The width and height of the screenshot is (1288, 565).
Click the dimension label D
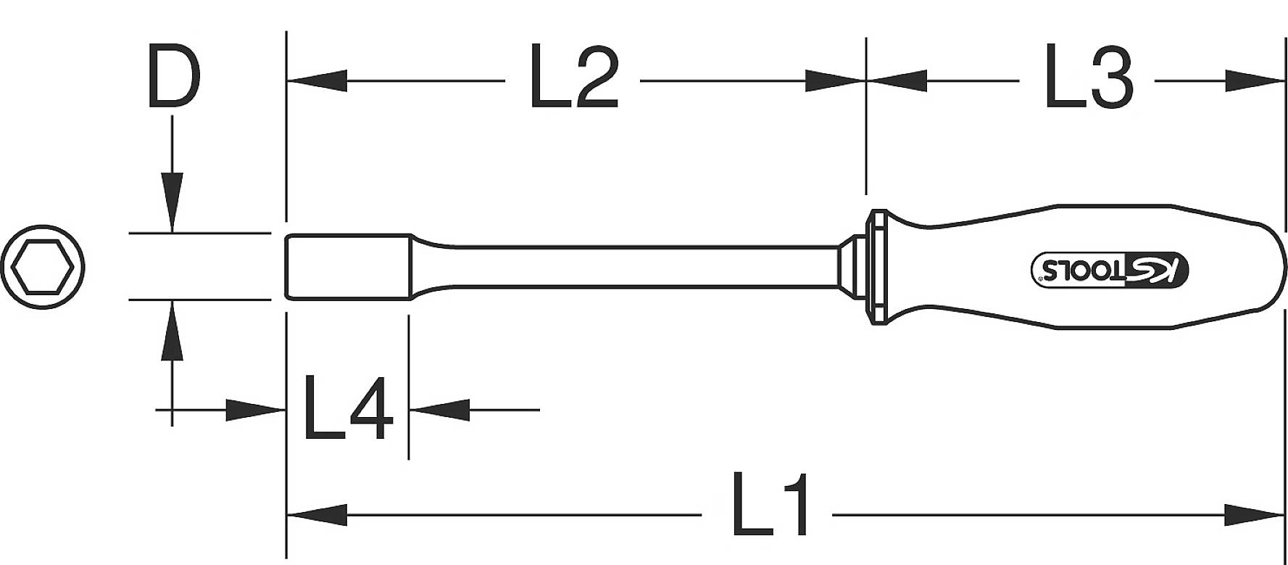click(x=173, y=76)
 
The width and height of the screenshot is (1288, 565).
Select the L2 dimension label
click(x=573, y=78)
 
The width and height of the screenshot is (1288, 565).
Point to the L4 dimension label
click(x=347, y=408)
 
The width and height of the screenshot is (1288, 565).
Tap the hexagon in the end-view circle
click(x=43, y=266)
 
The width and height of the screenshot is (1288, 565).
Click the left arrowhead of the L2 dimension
click(x=316, y=81)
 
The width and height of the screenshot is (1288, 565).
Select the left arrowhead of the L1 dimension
click(x=316, y=516)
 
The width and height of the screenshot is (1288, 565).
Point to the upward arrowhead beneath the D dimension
click(x=173, y=330)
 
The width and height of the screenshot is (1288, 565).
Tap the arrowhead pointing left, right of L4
click(x=439, y=410)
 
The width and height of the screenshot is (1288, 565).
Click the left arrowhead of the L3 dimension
click(x=897, y=81)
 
